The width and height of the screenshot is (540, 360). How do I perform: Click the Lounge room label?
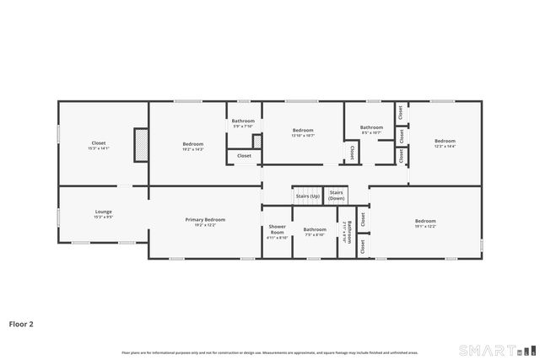tap(103, 212)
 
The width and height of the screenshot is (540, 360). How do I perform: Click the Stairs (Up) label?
tap(308, 196)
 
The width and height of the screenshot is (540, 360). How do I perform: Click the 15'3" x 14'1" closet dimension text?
tap(99, 148)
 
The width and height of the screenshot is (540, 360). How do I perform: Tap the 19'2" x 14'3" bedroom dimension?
tap(192, 148)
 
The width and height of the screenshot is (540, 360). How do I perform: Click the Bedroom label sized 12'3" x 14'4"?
tap(445, 141)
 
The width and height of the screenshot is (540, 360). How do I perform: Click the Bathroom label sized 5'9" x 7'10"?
tap(243, 121)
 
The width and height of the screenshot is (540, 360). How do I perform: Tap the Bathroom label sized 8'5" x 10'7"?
tap(371, 127)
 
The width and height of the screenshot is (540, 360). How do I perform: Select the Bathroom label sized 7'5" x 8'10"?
tap(315, 229)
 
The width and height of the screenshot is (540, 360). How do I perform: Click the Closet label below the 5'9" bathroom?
tap(244, 156)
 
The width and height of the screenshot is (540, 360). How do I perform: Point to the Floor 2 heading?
tap(21, 323)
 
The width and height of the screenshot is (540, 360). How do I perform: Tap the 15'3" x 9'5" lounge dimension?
tap(103, 217)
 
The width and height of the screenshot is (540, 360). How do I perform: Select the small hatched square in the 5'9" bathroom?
tap(256, 141)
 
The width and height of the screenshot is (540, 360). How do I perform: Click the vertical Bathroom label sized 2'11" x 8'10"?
tap(349, 232)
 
